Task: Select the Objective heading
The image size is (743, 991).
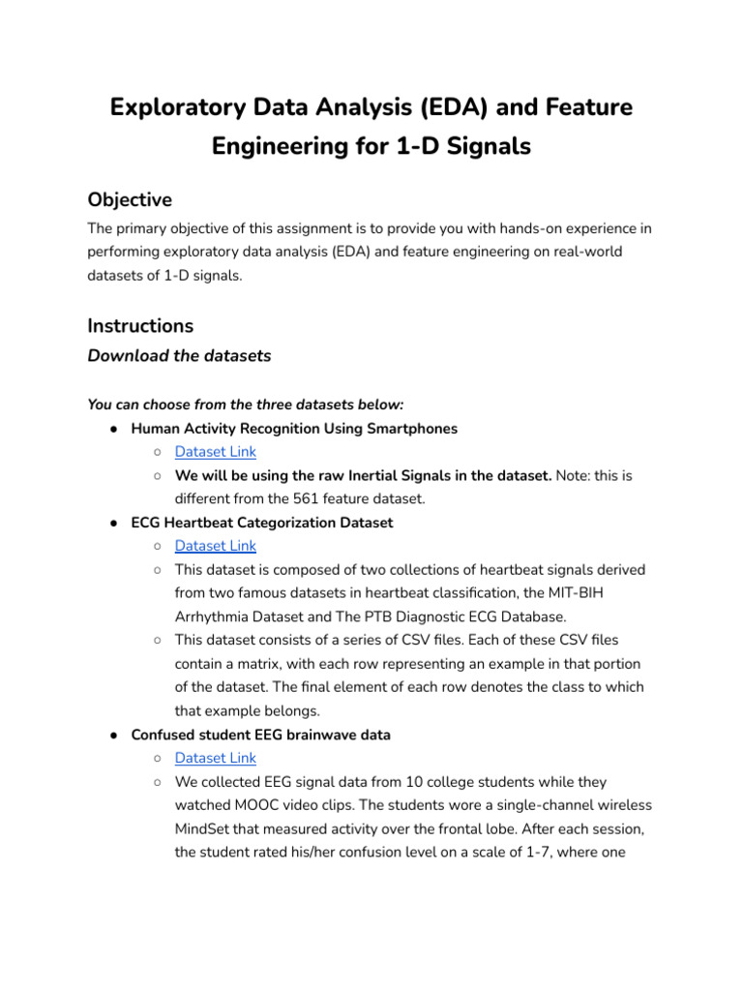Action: [130, 199]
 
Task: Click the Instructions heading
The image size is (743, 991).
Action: [140, 325]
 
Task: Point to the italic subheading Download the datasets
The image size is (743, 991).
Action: [179, 355]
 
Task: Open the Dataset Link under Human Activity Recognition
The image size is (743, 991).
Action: [215, 451]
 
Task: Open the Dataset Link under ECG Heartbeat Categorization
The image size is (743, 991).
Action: [215, 546]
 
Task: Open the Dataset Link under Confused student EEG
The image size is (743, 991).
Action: [215, 758]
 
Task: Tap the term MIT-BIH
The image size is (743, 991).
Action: [602, 592]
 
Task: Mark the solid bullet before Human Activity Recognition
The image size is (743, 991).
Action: [114, 428]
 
